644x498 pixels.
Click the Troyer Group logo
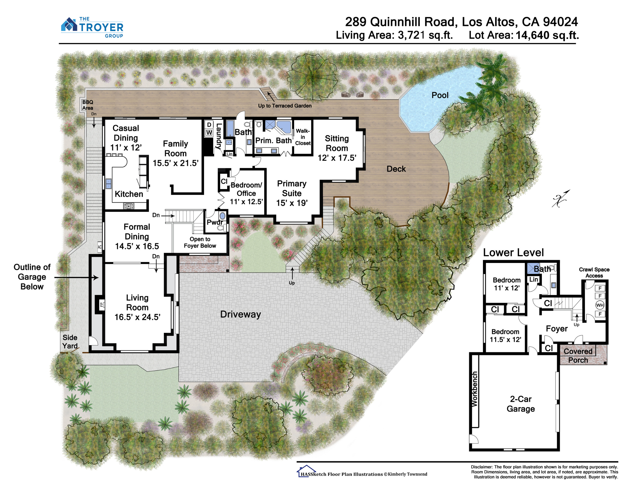click(92, 27)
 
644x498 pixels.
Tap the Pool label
click(440, 95)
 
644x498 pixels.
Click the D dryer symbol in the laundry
click(209, 125)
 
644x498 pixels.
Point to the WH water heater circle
click(600, 305)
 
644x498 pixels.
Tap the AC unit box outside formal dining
click(100, 247)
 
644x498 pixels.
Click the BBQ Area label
click(87, 105)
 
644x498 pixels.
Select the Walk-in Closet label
click(303, 137)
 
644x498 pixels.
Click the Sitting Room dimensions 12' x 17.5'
click(337, 158)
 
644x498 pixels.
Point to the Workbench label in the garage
click(474, 389)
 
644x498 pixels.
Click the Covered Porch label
click(578, 355)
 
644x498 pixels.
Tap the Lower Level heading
click(513, 252)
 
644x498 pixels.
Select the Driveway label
click(241, 314)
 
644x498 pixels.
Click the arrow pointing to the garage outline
click(76, 277)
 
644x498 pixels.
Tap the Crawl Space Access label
click(594, 272)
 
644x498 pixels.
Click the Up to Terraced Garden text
click(285, 106)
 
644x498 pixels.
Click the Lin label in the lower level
click(534, 279)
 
